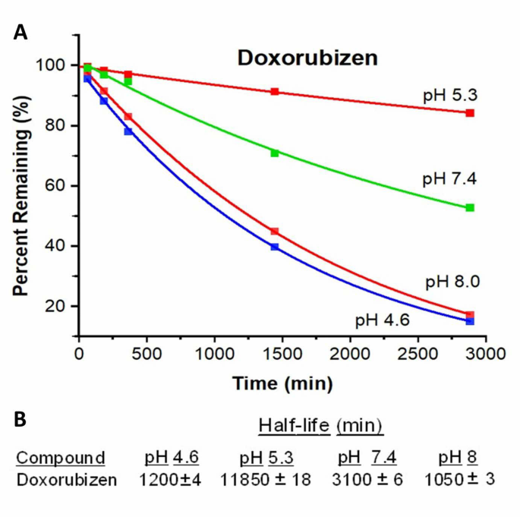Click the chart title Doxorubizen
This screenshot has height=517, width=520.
coord(307,58)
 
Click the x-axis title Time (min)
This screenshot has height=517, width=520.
coord(282,385)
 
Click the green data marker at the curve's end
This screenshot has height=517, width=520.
coord(470,207)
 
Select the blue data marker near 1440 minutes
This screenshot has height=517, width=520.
coord(274,247)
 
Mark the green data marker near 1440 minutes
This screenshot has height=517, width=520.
coord(274,153)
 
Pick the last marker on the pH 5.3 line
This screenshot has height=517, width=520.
coord(470,113)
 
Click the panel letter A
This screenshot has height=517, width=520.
coord(21,32)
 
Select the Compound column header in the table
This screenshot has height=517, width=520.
coord(61,458)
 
